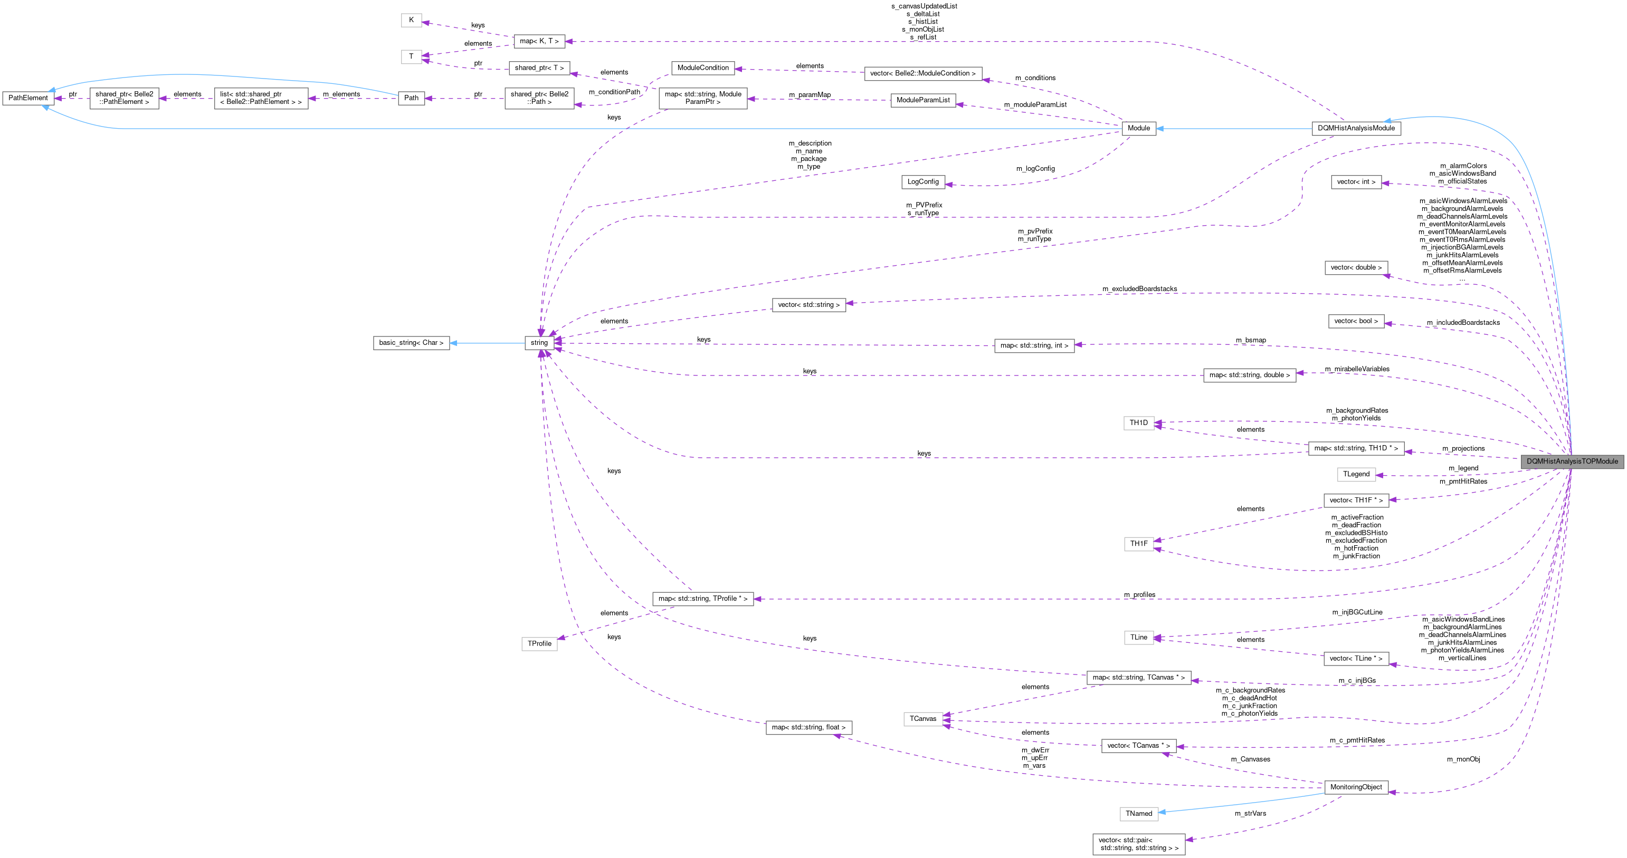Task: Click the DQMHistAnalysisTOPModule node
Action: click(1572, 461)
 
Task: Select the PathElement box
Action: click(28, 98)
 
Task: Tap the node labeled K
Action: click(411, 20)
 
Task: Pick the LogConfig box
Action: click(923, 182)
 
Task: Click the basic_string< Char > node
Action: click(411, 343)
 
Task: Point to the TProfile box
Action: click(539, 644)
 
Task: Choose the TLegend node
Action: click(1356, 474)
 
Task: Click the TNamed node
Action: click(1139, 814)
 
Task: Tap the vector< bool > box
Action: click(1356, 321)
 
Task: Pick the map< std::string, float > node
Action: click(808, 727)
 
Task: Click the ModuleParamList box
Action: click(923, 100)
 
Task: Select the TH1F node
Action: click(1139, 544)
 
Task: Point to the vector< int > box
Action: click(1356, 182)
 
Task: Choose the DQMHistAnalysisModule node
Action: click(1356, 128)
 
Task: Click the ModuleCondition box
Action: click(703, 68)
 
